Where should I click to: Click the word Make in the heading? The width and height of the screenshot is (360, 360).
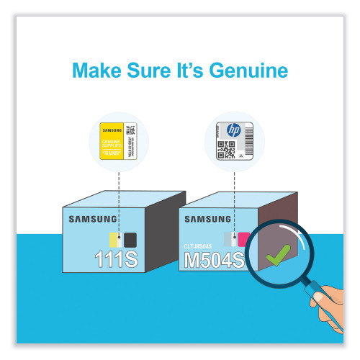[x=96, y=71]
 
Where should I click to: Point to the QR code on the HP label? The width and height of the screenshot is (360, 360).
[x=226, y=149]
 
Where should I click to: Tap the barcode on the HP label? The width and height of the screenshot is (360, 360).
[x=245, y=149]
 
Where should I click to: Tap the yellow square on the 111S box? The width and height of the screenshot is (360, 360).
[x=113, y=239]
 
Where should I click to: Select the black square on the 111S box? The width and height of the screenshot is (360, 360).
[x=130, y=239]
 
